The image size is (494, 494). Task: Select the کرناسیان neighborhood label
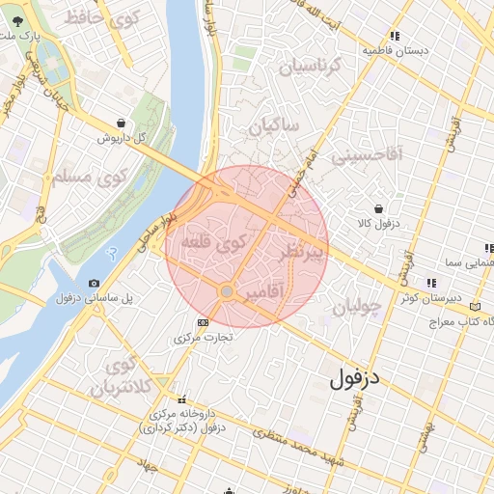tap(310, 67)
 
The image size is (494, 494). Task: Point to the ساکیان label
tap(274, 126)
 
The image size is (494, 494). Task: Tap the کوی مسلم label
tap(87, 178)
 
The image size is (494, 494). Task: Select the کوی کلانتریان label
tap(121, 377)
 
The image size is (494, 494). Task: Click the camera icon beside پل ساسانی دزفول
tap(93, 283)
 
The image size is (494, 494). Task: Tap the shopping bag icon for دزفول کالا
tap(377, 207)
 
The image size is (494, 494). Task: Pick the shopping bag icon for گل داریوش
tap(120, 123)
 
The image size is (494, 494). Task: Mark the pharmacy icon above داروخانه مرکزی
tap(180, 399)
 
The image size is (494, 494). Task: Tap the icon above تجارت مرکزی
tap(202, 322)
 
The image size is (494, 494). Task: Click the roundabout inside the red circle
tap(227, 290)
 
